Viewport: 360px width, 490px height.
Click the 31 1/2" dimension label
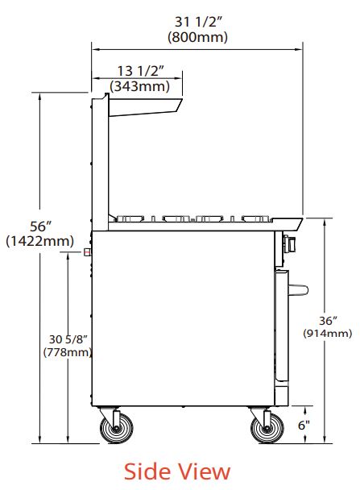(198, 22)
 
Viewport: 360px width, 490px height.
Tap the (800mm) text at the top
(197, 37)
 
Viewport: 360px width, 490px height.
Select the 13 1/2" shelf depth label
(140, 71)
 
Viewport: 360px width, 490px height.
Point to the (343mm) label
(139, 86)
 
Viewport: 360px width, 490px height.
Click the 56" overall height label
(40, 226)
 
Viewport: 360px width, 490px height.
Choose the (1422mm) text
(40, 241)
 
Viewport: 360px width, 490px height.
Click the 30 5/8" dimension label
(68, 339)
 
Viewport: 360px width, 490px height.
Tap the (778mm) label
(68, 352)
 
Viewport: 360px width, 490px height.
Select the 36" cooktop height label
(328, 321)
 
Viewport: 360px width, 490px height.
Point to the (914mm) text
(328, 333)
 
